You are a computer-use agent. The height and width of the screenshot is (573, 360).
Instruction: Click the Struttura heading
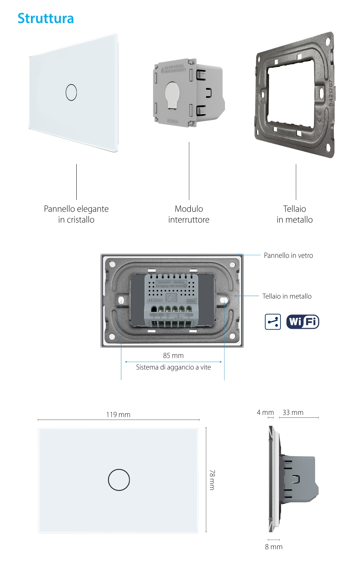point(46,18)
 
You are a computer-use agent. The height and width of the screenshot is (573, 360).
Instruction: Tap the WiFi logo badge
point(302,322)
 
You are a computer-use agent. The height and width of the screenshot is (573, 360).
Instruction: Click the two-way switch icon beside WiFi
point(273,322)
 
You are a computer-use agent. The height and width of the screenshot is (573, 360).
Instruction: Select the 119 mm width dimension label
point(118,415)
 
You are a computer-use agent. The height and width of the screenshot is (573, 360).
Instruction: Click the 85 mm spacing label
point(173,355)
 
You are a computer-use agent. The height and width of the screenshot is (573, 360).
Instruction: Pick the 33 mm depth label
point(293,412)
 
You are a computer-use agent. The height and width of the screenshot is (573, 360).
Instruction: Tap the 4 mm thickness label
point(265,412)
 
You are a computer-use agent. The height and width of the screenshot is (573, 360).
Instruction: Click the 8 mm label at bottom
point(274,547)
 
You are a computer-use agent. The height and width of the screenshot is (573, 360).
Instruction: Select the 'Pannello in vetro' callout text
point(288,255)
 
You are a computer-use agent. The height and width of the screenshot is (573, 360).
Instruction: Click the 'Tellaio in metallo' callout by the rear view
point(287,296)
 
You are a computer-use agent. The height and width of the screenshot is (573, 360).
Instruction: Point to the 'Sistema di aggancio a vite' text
point(173,367)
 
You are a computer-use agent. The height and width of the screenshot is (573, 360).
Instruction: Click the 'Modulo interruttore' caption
point(189,214)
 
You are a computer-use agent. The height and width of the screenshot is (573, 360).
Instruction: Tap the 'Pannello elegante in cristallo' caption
point(76,214)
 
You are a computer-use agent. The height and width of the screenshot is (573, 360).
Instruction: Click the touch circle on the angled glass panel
point(71,92)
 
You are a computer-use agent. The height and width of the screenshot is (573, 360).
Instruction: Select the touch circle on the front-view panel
point(119,480)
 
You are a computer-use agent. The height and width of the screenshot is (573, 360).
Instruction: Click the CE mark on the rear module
point(171,297)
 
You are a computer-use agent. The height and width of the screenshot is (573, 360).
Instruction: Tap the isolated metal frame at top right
point(294,95)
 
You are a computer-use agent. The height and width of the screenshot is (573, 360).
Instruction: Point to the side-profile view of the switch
point(292,479)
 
